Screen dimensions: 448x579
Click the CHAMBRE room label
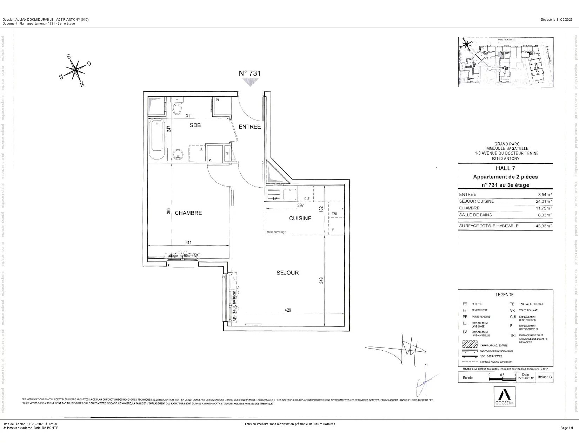click(188, 213)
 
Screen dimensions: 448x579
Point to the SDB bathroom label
click(195, 125)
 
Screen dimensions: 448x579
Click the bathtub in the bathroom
click(157, 139)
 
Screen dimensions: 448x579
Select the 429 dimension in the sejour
click(288, 310)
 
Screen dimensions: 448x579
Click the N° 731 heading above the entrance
click(250, 73)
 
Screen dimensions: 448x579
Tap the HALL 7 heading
click(505, 168)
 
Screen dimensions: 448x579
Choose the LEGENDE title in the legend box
click(505, 295)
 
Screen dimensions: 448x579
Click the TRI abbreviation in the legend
click(513, 335)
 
